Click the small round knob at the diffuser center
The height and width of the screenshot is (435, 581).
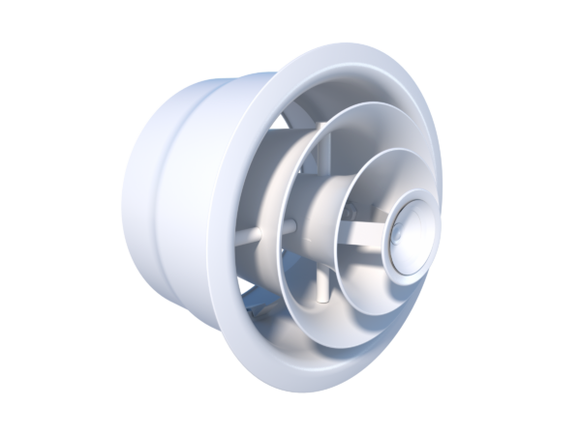tap(401, 235)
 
